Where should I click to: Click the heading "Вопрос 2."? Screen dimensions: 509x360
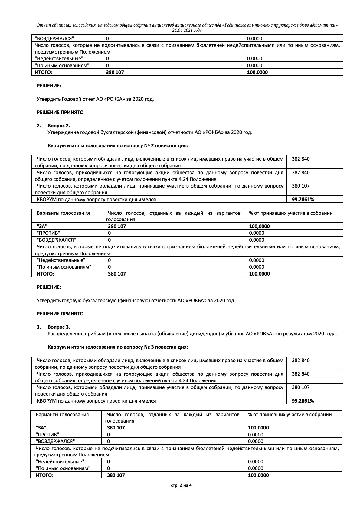59,126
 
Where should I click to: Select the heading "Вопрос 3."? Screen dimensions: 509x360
59,327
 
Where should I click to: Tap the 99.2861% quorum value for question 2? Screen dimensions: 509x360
303,199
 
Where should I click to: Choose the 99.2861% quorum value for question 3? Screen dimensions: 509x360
303,401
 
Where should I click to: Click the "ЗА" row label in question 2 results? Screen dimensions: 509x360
42,226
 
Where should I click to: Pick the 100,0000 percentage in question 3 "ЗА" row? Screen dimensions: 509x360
258,428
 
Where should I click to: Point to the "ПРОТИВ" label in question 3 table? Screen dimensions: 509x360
47,435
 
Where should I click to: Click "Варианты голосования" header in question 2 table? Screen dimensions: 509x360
63,213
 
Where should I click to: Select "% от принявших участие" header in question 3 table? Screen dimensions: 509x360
290,415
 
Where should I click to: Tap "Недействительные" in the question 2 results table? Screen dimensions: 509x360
61,260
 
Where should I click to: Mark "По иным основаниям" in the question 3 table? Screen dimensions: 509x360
63,468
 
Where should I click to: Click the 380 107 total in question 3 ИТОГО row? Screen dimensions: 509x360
116,475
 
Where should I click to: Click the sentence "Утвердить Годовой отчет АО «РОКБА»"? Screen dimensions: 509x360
95,99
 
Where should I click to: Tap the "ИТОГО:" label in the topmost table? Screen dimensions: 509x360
44,72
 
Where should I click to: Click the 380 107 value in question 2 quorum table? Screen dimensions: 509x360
300,186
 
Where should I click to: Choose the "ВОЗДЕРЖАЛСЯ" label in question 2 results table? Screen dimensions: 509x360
56,240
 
